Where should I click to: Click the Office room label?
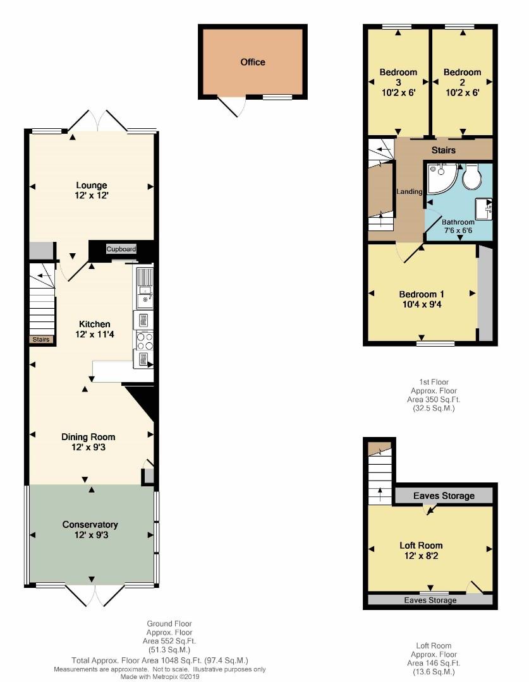[253, 62]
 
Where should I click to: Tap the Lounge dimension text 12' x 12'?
[92, 196]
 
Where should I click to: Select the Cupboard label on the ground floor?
[121, 249]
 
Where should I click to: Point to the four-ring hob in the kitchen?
[145, 340]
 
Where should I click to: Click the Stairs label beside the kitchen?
[41, 339]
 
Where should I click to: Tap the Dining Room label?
[88, 437]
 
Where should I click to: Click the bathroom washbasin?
[483, 209]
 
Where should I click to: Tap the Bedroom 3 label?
[398, 77]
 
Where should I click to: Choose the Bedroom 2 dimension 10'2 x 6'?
[463, 93]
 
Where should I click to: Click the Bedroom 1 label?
[422, 294]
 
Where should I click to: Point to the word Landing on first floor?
[410, 191]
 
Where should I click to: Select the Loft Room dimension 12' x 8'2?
[421, 556]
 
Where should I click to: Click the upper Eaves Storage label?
[444, 496]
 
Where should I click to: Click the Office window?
[277, 97]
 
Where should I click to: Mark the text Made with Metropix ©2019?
[160, 677]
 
